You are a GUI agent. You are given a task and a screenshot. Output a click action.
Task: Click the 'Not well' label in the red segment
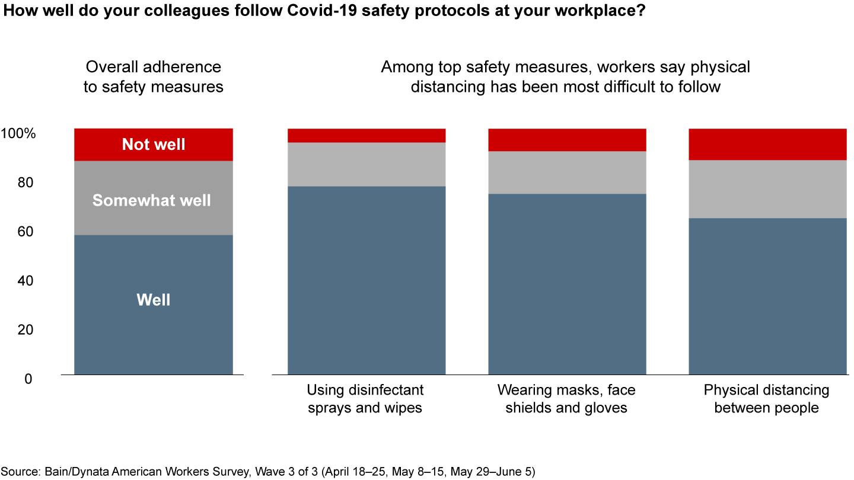tap(154, 144)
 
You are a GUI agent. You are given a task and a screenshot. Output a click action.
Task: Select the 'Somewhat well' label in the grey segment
tap(152, 200)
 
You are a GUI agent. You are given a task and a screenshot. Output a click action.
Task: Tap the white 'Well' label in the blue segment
tap(154, 300)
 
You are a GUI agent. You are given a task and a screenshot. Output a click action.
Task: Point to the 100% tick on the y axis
tap(19, 134)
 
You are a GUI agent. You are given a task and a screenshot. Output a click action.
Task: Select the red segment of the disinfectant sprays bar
tap(367, 135)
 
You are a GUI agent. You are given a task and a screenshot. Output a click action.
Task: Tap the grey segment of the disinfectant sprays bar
tap(367, 164)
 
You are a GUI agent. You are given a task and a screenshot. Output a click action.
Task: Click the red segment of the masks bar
tap(567, 140)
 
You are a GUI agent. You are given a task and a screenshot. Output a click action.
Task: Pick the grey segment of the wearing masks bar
tap(567, 172)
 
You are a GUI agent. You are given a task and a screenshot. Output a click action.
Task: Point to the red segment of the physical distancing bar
tap(767, 144)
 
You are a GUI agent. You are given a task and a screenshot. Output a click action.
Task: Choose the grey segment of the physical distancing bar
tap(767, 189)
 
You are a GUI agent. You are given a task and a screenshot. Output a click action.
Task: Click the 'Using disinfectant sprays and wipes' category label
tap(365, 399)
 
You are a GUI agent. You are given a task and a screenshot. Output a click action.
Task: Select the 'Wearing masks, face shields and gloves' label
tap(566, 399)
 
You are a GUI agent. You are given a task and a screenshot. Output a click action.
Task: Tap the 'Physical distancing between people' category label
tap(767, 399)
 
